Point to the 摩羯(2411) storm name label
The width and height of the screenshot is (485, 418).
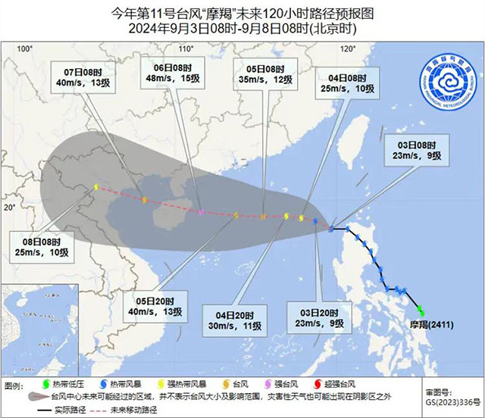433,325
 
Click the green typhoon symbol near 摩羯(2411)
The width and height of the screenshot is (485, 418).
421,311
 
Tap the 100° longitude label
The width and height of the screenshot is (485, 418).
26,48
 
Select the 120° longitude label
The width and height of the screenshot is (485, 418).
348,48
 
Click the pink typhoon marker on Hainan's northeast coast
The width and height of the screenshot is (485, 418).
201,213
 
